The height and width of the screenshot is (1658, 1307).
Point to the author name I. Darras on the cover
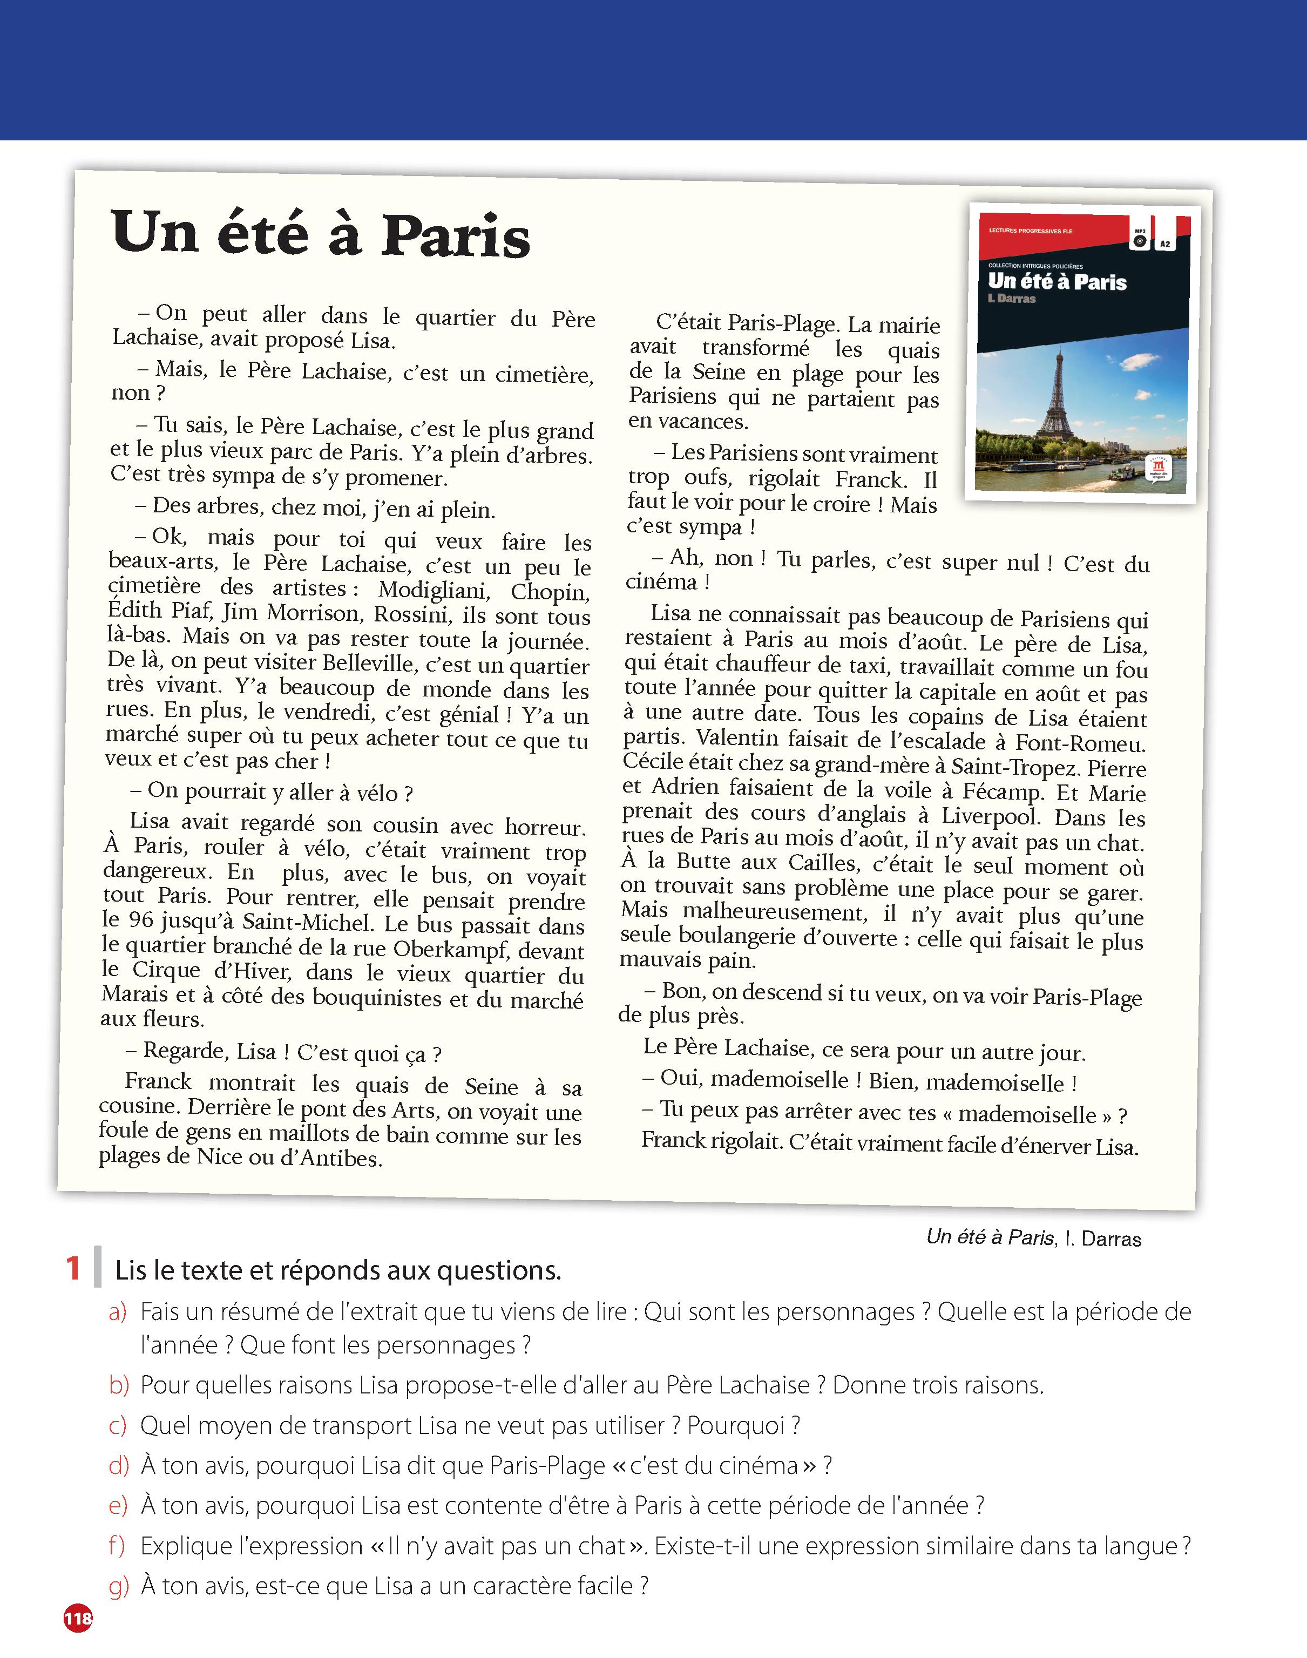pos(1012,299)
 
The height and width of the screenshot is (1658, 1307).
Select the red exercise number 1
pos(73,1269)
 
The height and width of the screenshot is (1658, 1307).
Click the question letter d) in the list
pos(119,1465)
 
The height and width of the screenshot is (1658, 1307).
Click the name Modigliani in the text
pos(432,590)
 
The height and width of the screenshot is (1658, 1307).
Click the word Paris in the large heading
pos(455,235)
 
